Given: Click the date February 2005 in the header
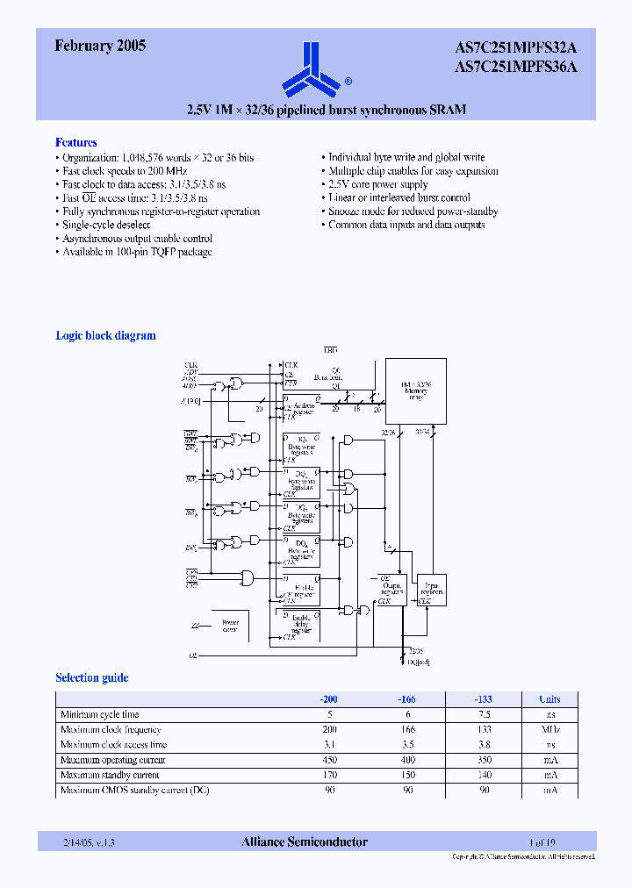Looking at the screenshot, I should [x=100, y=47].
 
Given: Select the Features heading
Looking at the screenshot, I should [x=76, y=142].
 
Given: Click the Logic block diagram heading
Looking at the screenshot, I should [x=106, y=335].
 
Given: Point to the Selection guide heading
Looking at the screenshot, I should [x=92, y=677].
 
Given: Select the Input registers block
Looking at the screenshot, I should [x=433, y=590].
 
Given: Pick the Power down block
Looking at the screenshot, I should [x=229, y=626].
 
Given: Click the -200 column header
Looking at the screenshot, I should [x=329, y=699].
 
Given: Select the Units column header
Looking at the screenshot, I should [x=549, y=699].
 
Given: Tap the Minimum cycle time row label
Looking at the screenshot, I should [x=99, y=714].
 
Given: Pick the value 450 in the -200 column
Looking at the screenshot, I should [x=329, y=760].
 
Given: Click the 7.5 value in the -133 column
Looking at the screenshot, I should [x=483, y=714].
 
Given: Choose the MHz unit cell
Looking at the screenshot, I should [x=549, y=730].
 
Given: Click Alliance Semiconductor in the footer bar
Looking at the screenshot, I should [x=305, y=841].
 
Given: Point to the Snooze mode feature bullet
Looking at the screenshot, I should [x=413, y=211].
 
